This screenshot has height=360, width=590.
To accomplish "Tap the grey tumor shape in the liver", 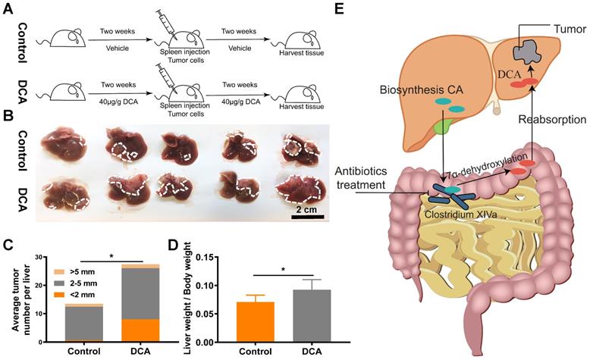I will coord(526,52).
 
